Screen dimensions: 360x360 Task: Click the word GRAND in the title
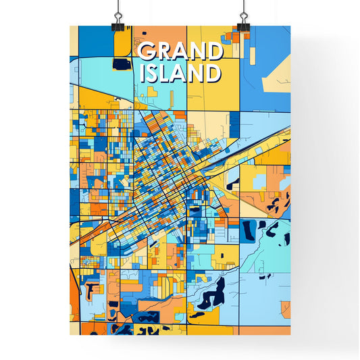(179, 53)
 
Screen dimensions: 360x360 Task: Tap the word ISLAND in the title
(180, 74)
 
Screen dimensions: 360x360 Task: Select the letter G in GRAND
(145, 53)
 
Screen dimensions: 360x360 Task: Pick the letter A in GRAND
(179, 53)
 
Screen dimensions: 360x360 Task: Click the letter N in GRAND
(196, 53)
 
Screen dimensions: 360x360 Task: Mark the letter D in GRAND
(213, 53)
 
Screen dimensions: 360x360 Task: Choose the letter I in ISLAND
(143, 74)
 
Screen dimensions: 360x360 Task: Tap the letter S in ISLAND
(153, 74)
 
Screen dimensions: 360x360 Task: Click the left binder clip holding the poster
(118, 20)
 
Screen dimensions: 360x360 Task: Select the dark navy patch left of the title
(122, 64)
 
